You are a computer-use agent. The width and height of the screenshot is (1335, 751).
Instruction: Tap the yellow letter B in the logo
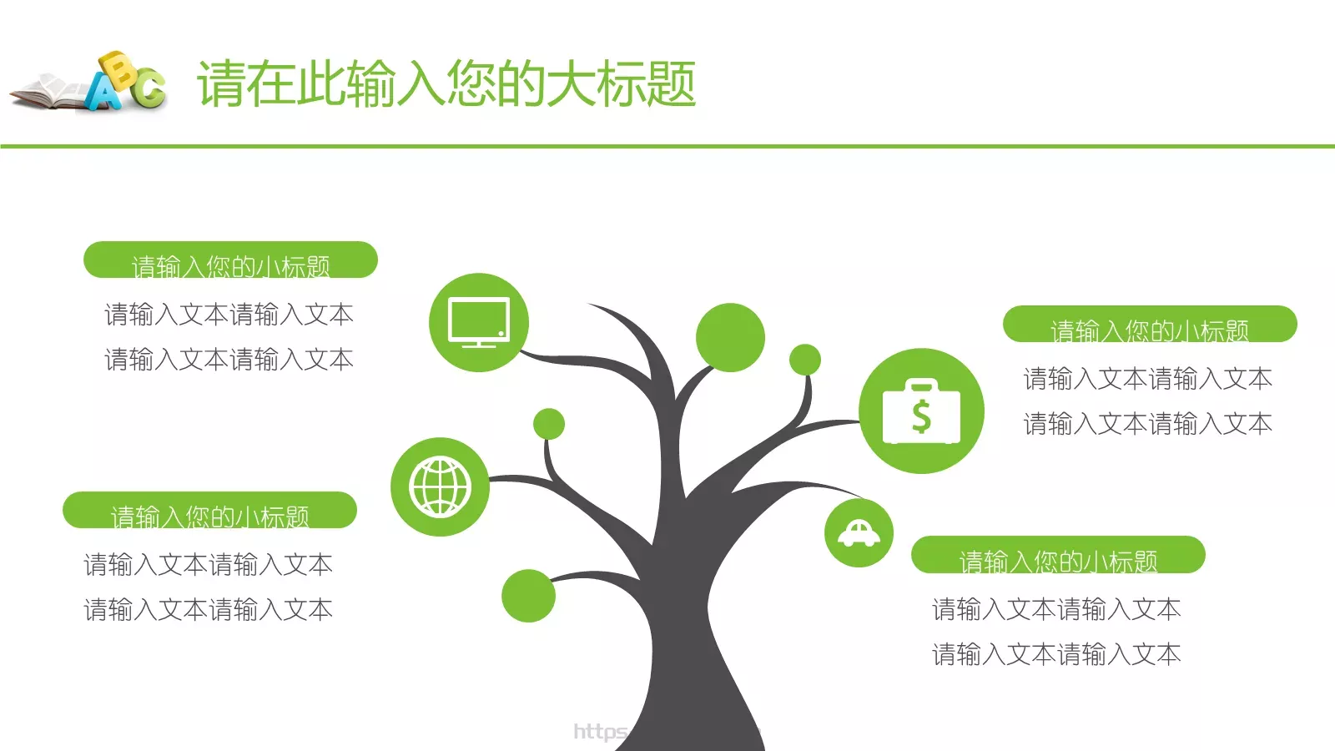point(118,68)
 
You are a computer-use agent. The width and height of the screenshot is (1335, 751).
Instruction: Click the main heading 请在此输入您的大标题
point(446,83)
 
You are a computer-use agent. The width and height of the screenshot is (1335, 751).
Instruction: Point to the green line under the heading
point(667,146)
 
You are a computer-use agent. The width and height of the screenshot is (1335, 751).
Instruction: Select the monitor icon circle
point(479,322)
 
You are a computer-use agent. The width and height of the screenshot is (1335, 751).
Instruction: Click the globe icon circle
point(440,486)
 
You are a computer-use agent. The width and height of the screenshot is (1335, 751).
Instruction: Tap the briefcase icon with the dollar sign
point(921,411)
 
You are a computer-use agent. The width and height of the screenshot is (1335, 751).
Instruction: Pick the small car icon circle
point(859,532)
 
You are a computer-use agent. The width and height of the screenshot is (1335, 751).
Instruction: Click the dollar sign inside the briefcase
point(921,416)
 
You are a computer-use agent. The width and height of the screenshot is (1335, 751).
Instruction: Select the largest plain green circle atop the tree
point(730,337)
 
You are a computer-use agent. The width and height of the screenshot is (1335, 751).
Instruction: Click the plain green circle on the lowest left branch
point(528,596)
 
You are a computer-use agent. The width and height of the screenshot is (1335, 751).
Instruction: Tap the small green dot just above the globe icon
point(549,424)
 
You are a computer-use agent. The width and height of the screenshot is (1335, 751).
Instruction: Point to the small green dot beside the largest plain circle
point(805,360)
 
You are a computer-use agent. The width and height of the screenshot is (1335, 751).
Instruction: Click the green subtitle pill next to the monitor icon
point(230,260)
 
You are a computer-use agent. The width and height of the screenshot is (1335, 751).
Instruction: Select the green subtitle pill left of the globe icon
point(209,511)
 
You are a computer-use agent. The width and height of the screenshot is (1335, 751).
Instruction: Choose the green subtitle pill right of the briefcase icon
point(1150,325)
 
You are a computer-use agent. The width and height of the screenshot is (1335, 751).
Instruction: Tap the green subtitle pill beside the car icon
point(1058,555)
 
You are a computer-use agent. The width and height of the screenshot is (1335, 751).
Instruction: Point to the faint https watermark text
point(600,732)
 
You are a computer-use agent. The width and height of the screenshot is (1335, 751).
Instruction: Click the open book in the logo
point(46,94)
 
